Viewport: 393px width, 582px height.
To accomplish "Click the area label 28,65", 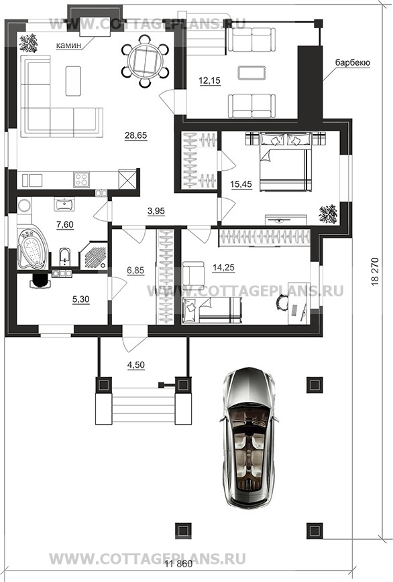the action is pyautogui.click(x=135, y=135).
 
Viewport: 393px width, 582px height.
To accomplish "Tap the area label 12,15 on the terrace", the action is pyautogui.click(x=210, y=80).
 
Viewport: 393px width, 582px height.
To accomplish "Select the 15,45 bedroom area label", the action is pyautogui.click(x=241, y=184).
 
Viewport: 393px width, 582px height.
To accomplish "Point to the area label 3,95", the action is pyautogui.click(x=156, y=211).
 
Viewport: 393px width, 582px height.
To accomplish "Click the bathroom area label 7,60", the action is pyautogui.click(x=64, y=224).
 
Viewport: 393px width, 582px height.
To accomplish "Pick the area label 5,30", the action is pyautogui.click(x=80, y=299).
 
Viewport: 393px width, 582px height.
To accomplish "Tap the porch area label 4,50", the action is pyautogui.click(x=135, y=365).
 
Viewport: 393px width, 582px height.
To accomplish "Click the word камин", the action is pyautogui.click(x=68, y=46).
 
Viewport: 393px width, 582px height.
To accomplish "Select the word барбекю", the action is pyautogui.click(x=353, y=62).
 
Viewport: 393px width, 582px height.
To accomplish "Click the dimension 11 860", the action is pyautogui.click(x=179, y=564).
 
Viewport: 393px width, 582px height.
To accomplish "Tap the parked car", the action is pyautogui.click(x=249, y=437).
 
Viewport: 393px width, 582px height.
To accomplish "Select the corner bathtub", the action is pyautogui.click(x=32, y=248).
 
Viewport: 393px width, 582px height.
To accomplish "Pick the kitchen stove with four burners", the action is pyautogui.click(x=81, y=180).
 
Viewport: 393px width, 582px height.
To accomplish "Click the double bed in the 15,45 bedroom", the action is pyautogui.click(x=285, y=162).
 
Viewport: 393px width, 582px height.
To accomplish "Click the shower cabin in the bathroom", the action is pyautogui.click(x=94, y=255).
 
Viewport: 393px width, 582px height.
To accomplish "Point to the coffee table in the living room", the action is pyautogui.click(x=73, y=81).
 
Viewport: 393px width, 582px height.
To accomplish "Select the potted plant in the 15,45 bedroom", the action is pyautogui.click(x=328, y=214).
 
